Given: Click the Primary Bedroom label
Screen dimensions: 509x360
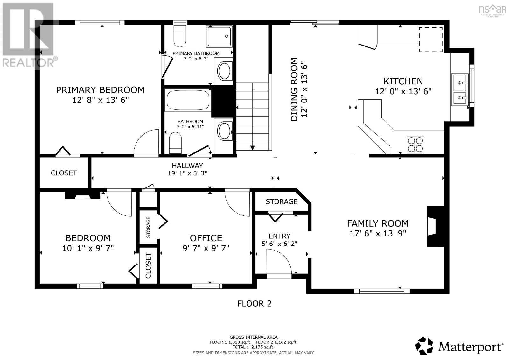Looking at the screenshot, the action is click(x=100, y=90).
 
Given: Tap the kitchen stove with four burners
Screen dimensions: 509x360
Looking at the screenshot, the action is click(x=415, y=145).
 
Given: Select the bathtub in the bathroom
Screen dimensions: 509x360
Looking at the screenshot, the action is click(x=188, y=100).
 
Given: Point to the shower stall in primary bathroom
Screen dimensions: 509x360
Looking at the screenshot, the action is click(x=219, y=36).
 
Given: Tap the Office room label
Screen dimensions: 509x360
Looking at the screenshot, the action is click(x=206, y=238).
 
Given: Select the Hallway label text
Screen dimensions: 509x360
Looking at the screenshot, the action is click(x=187, y=166).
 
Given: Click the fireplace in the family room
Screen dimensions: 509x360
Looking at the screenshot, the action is click(x=436, y=226).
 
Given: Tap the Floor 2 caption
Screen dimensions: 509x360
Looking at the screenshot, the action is click(x=254, y=304).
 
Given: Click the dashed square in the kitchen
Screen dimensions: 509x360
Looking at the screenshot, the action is click(x=431, y=39).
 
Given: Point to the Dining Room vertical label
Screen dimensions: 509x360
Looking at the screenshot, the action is click(x=294, y=89).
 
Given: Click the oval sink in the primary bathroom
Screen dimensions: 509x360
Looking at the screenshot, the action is click(x=225, y=71).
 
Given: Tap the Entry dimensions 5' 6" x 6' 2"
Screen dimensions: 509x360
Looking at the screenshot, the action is click(x=280, y=244).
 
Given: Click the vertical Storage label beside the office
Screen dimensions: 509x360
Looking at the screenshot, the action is click(x=148, y=227).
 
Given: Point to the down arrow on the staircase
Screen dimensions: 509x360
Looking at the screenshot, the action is click(x=252, y=148).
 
